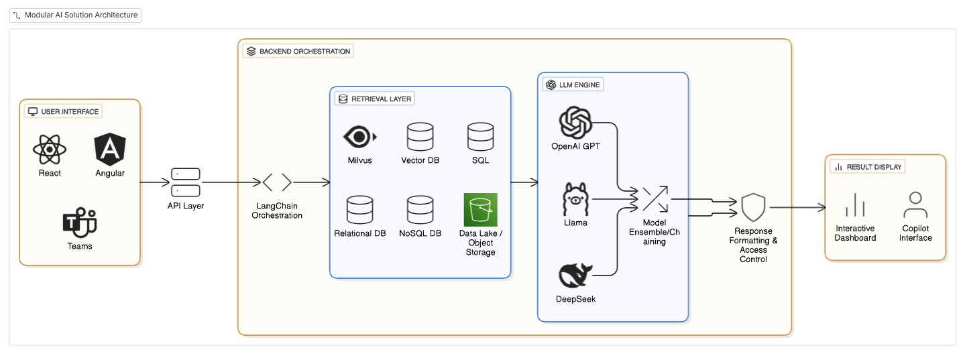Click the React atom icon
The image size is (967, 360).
tap(50, 150)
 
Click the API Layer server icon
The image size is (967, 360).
tap(186, 182)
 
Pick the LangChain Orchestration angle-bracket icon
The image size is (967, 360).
tap(277, 182)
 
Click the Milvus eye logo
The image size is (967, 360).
tap(359, 137)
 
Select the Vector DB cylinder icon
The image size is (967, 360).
tap(420, 137)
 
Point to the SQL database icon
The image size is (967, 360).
tap(480, 137)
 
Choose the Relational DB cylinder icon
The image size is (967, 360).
tap(360, 210)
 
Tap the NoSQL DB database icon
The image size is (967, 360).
tap(420, 210)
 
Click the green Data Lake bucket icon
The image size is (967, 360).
tap(480, 210)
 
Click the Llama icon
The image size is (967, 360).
tap(575, 199)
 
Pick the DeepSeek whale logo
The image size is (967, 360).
tap(575, 276)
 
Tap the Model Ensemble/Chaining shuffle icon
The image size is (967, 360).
tap(654, 199)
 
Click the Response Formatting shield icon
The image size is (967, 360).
tap(753, 208)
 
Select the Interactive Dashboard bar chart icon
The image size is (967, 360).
tap(855, 206)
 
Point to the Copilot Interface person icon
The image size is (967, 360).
tap(915, 206)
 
